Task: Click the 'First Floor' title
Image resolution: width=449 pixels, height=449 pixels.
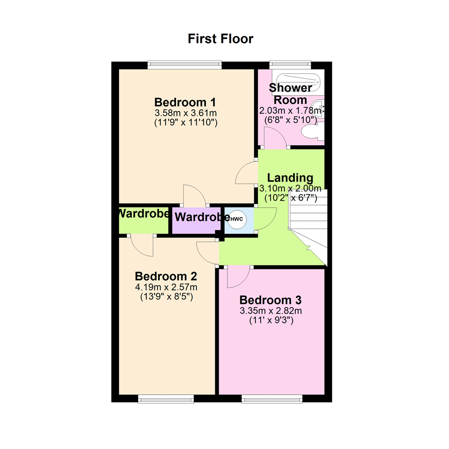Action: click(x=220, y=39)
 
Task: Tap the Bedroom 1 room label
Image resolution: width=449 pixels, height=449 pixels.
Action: click(x=185, y=102)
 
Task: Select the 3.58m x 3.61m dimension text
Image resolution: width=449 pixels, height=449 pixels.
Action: click(x=185, y=113)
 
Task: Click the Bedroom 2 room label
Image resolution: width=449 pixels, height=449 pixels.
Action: click(x=166, y=276)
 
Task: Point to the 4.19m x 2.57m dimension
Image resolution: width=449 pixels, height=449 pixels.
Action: click(x=166, y=286)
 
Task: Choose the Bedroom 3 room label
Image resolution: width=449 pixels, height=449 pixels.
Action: click(x=270, y=300)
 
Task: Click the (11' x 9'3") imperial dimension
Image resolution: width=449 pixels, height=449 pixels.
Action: click(x=271, y=320)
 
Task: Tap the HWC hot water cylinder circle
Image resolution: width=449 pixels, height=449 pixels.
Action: click(x=237, y=220)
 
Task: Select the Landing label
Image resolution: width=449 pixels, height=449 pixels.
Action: click(x=290, y=178)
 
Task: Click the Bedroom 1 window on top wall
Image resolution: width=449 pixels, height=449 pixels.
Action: click(x=185, y=65)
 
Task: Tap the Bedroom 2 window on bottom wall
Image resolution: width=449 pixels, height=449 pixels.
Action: click(x=166, y=399)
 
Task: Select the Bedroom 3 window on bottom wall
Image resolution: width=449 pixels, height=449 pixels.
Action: click(x=272, y=399)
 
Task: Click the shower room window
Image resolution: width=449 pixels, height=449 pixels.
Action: click(x=290, y=65)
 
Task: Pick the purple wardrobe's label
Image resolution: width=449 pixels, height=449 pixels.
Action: click(x=202, y=217)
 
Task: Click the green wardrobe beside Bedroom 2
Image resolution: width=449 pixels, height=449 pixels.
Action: click(x=143, y=220)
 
